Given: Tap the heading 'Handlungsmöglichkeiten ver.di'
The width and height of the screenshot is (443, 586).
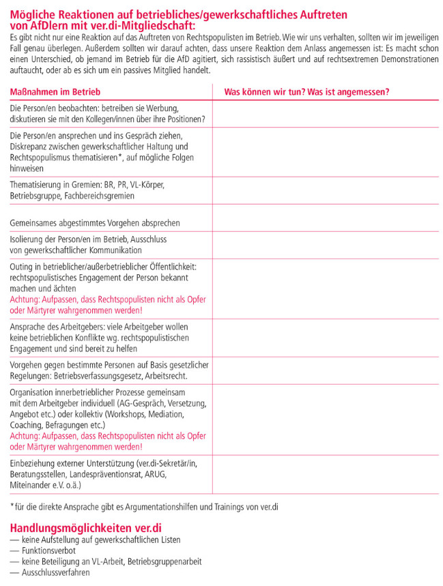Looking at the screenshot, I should pyautogui.click(x=85, y=527).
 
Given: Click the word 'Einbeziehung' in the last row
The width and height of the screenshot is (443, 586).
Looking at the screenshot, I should pyautogui.click(x=35, y=464).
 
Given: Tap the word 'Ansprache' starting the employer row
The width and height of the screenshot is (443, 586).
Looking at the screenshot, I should pyautogui.click(x=29, y=327).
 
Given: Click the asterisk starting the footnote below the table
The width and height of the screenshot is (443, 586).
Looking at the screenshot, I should pyautogui.click(x=12, y=506).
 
